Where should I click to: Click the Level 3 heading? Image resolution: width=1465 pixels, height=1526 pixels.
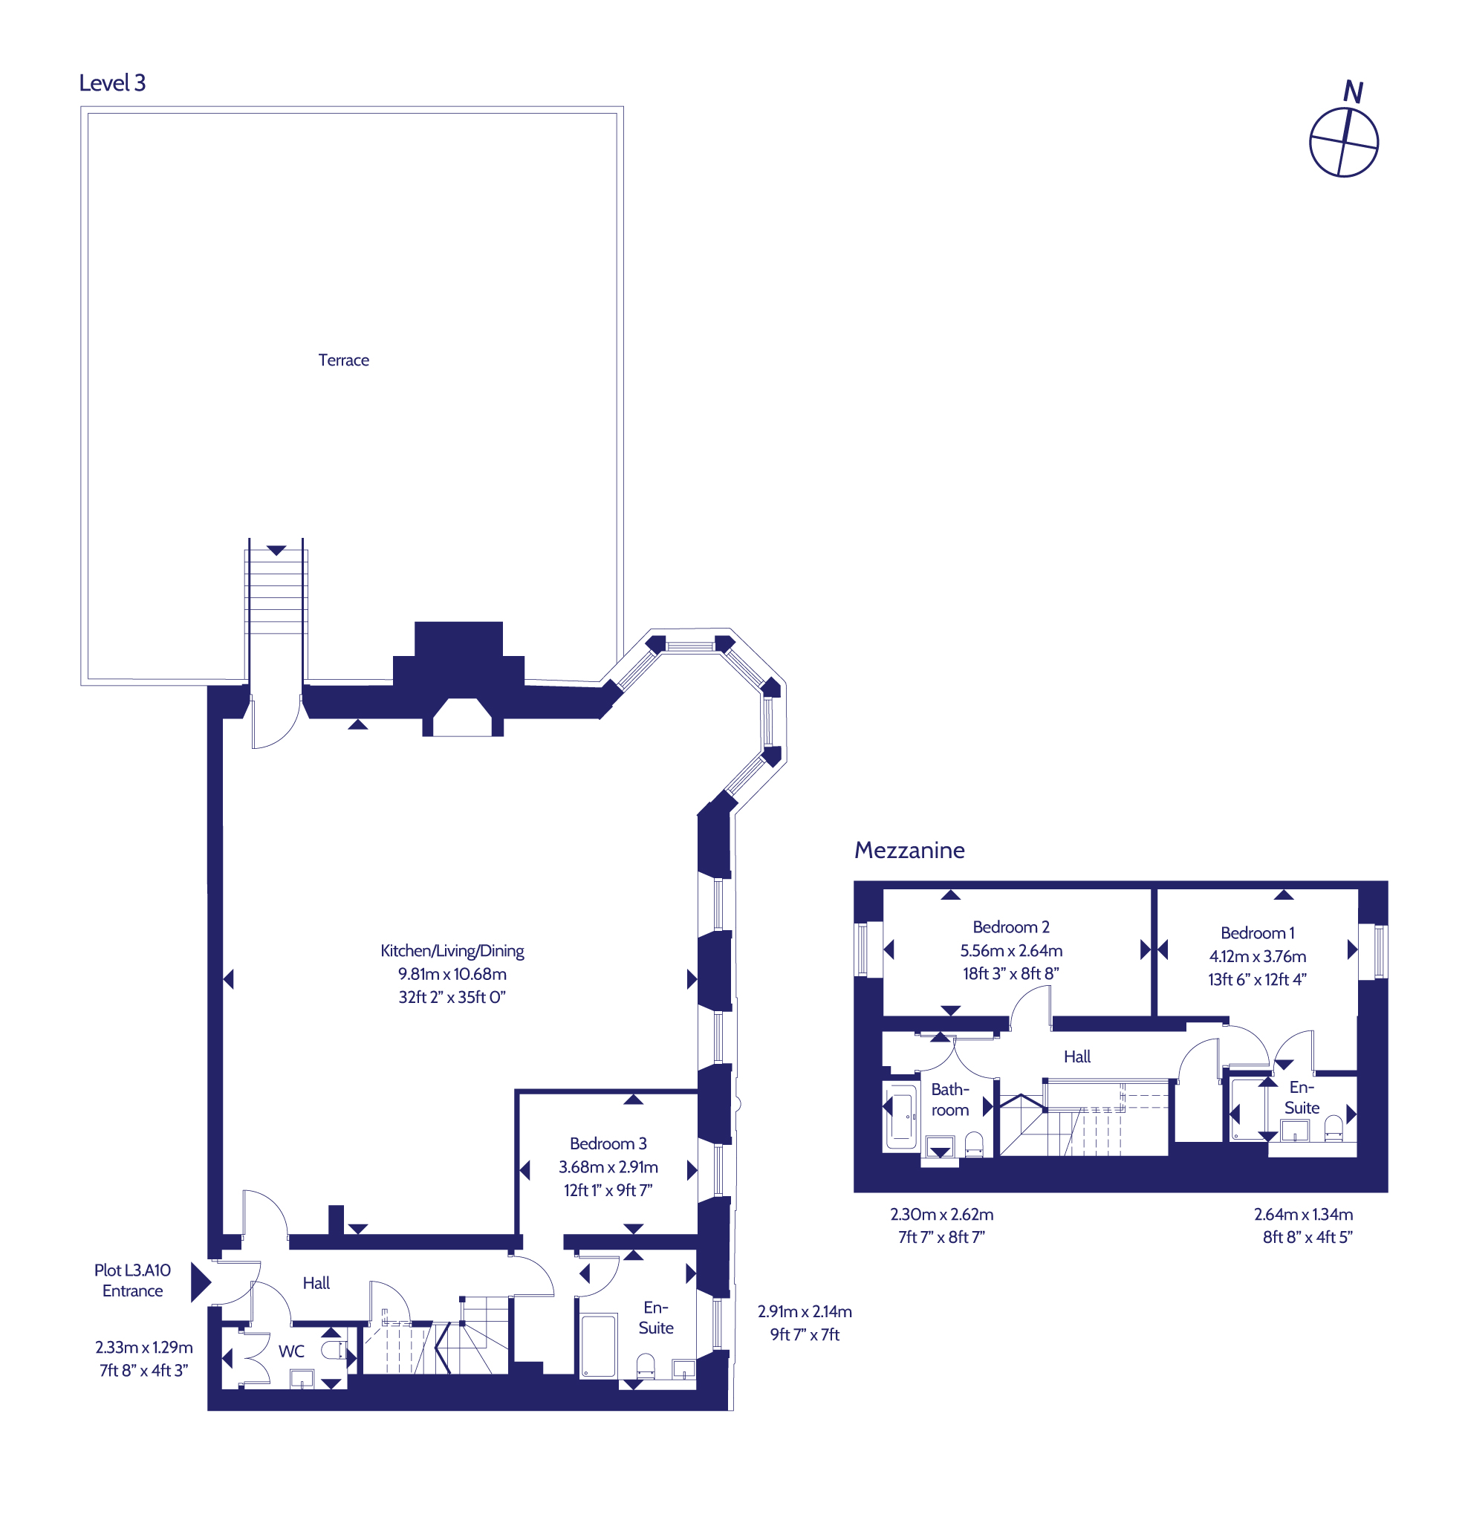(x=112, y=83)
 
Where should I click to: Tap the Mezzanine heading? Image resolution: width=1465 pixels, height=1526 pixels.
(x=909, y=849)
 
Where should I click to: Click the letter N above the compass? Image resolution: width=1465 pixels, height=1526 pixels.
(x=1353, y=93)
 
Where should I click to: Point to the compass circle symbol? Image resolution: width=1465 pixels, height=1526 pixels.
(x=1344, y=143)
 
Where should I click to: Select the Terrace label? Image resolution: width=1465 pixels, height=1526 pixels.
(x=343, y=360)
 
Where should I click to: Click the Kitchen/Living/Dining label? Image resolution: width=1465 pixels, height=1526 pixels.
(x=452, y=951)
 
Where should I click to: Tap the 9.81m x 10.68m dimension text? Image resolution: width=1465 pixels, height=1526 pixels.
(x=452, y=974)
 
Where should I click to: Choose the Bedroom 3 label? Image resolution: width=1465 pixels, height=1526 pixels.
(x=608, y=1143)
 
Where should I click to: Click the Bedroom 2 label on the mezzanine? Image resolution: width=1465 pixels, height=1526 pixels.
(x=1011, y=927)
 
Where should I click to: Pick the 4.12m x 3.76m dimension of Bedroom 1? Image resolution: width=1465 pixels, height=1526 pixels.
(x=1257, y=956)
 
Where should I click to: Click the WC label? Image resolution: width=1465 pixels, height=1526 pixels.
(x=292, y=1351)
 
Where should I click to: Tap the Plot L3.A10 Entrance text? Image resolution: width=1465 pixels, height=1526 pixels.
(x=132, y=1280)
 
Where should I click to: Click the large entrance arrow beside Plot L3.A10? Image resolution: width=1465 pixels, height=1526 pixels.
(x=201, y=1282)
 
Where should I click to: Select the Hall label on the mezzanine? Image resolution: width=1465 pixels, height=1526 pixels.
(x=1077, y=1056)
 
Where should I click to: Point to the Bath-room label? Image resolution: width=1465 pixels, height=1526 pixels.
(x=949, y=1100)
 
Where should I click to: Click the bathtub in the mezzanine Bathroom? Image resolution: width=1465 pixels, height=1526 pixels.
(x=901, y=1115)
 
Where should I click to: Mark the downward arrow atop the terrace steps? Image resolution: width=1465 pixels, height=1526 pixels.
(x=276, y=551)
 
